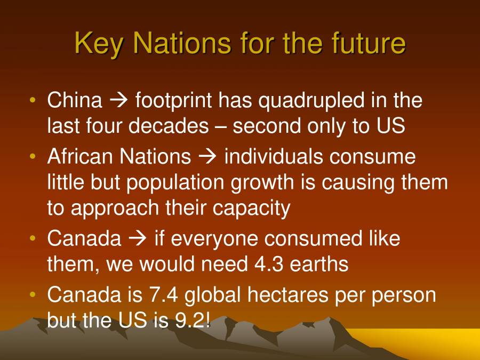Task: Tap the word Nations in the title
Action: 177,43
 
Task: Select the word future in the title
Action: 364,43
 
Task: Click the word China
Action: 74,100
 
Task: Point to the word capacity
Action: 251,209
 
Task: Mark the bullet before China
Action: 34,100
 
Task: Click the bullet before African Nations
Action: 34,157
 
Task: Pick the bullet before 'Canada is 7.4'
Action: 34,295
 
